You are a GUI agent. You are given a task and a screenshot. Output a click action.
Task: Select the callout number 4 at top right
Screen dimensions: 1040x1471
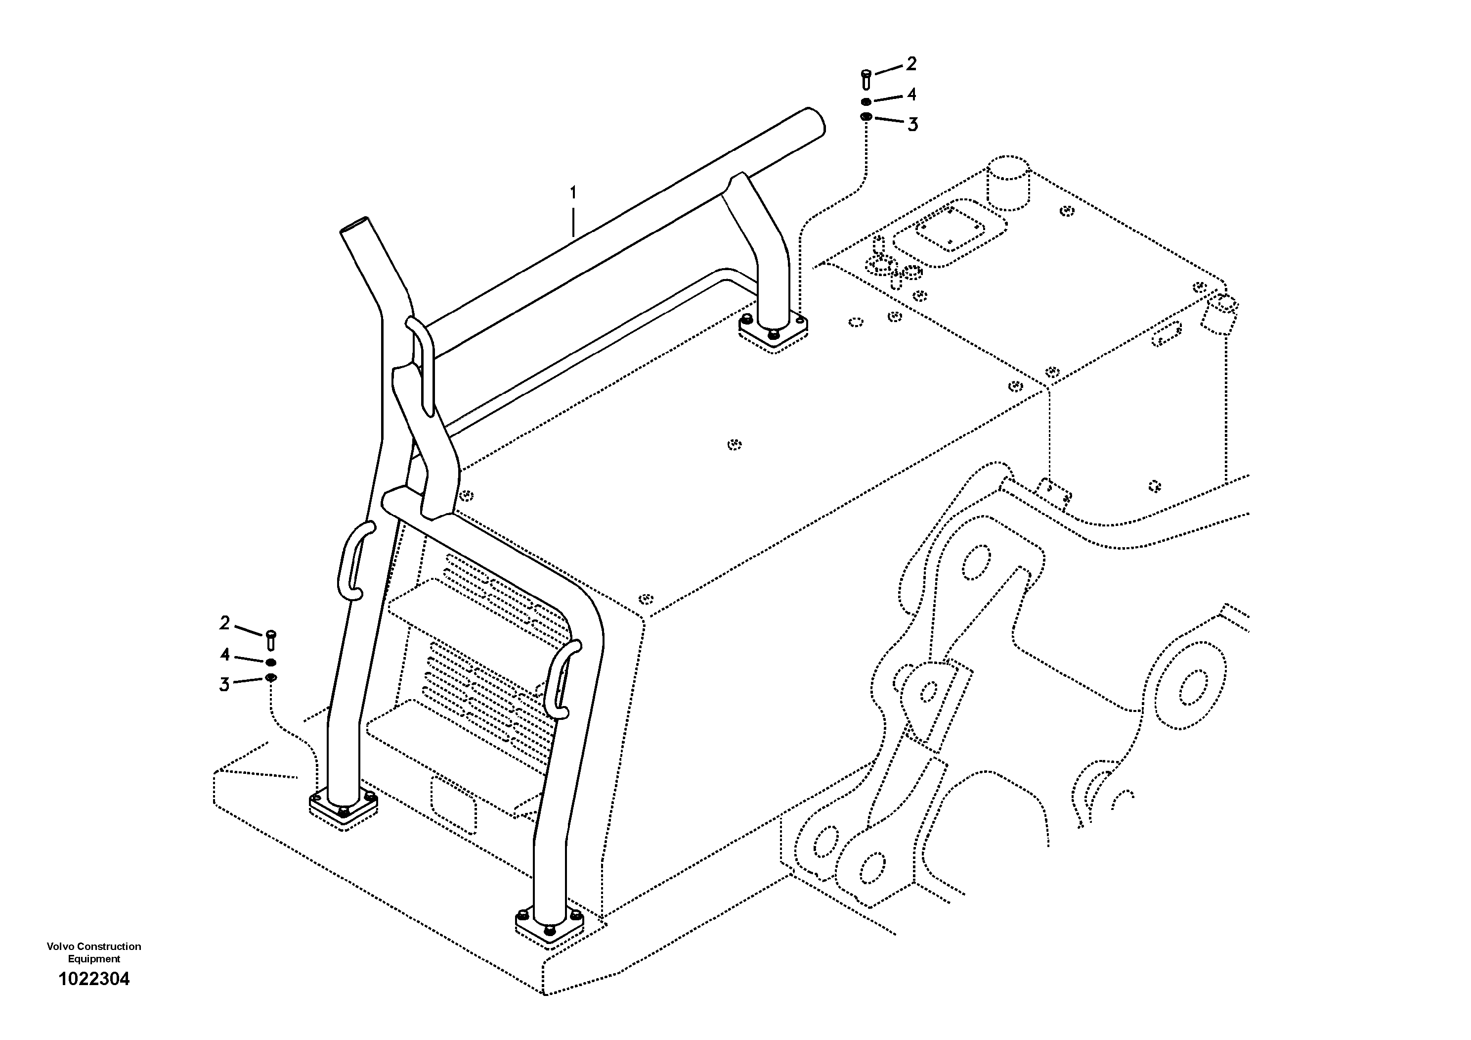911,95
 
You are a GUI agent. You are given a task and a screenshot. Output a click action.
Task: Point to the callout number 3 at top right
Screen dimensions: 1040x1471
912,124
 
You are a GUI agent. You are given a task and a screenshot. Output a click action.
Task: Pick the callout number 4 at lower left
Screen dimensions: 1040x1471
225,655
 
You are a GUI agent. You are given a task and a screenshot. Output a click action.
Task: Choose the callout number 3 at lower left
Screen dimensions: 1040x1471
224,685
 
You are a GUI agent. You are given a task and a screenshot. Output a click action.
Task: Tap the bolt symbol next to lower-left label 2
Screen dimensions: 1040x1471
270,639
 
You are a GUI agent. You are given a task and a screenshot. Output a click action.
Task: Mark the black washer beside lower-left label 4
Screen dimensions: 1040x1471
270,662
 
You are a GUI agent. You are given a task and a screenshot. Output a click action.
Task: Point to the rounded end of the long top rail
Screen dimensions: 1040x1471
814,122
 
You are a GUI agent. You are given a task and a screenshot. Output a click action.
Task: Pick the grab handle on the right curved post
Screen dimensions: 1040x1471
562,680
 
